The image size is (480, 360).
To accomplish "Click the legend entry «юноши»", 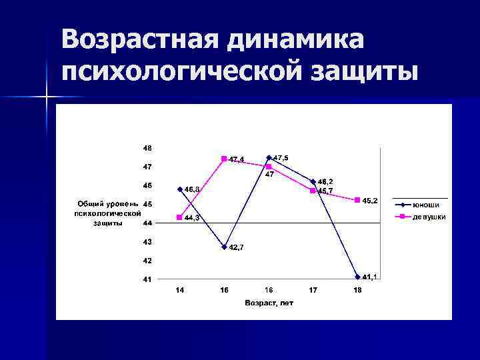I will point(425,205).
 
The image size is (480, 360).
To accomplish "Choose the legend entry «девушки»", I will point(429,217).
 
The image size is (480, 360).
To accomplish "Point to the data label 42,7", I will point(237,248).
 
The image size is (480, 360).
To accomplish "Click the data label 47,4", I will point(237,159).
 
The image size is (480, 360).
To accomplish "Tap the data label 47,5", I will point(281,157).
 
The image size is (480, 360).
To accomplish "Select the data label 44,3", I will point(193,218).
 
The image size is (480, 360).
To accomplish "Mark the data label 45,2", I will point(370,201).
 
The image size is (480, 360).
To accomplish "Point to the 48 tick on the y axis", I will point(147,147).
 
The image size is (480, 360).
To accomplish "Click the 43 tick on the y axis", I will point(147,241).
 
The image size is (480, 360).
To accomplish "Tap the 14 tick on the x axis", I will point(179,290).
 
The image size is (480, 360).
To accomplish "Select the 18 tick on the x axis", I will point(358,290).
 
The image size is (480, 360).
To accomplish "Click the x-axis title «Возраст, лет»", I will point(269,303).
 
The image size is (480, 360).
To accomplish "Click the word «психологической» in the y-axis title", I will point(107,213).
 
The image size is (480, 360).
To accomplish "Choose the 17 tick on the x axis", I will point(313,290).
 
